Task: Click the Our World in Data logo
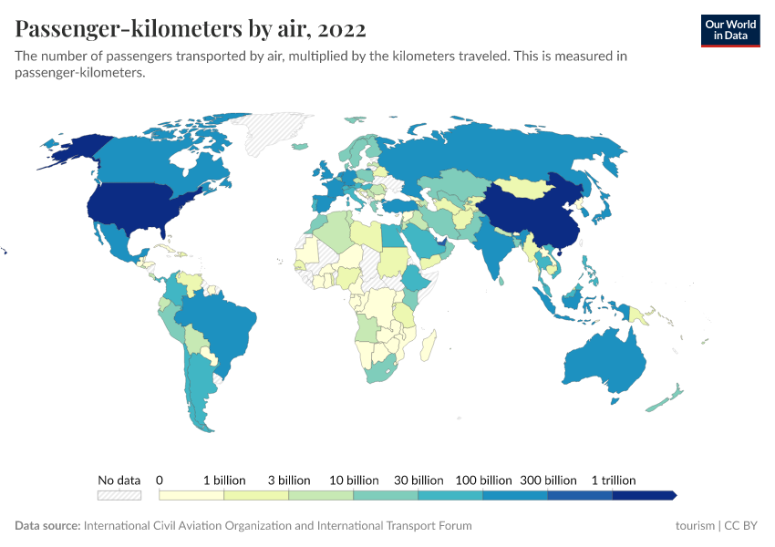coord(730,31)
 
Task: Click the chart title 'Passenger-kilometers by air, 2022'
coord(191,29)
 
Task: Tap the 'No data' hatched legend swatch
coord(119,495)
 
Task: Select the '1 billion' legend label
coord(224,480)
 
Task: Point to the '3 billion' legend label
coord(289,480)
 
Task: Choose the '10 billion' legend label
coord(354,480)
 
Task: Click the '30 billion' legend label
coord(418,480)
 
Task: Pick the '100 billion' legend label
coord(483,480)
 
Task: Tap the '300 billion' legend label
coord(548,480)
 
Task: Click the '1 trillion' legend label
coord(613,480)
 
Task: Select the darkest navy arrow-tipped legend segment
coord(644,495)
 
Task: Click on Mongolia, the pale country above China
coord(529,187)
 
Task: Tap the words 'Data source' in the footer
coord(46,526)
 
